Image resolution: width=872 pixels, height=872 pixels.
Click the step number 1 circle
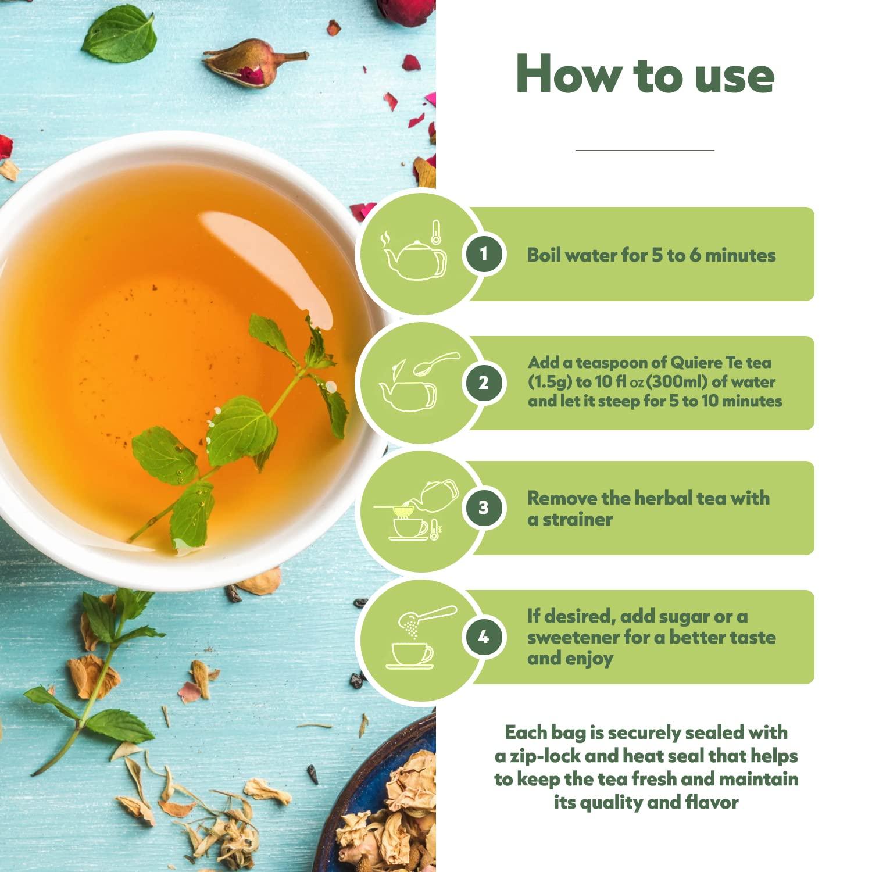483,254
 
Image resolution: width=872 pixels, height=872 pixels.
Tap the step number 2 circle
483,383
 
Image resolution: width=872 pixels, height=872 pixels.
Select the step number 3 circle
483,508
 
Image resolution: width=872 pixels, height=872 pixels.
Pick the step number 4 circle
483,637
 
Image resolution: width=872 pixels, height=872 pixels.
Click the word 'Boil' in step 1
543,255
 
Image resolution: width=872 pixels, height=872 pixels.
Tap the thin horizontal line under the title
645,150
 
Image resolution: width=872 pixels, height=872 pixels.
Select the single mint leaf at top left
119,36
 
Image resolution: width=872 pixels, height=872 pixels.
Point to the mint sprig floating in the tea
244,424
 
